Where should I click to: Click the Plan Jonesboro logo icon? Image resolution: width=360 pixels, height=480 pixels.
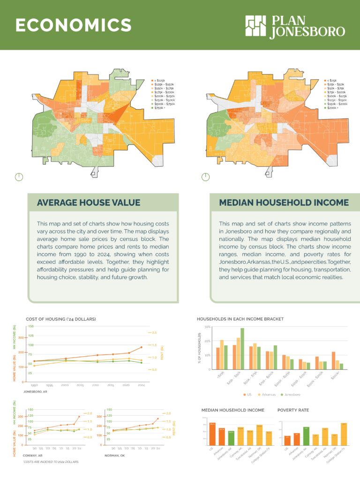tap(255, 26)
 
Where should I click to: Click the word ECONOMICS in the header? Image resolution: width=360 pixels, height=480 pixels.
tap(73, 25)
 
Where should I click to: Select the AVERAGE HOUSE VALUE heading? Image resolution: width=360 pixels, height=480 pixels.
tap(89, 202)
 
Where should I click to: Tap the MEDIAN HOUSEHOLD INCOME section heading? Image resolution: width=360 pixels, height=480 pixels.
tap(284, 202)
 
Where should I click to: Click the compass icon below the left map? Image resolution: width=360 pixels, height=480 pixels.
tap(18, 177)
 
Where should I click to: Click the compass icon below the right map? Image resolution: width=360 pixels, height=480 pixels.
tap(205, 177)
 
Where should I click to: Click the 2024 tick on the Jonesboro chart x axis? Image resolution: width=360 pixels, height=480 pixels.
tap(141, 385)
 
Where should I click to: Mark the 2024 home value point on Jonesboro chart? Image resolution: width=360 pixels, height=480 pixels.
tap(141, 347)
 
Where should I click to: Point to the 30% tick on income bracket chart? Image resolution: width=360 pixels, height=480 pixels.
tap(207, 327)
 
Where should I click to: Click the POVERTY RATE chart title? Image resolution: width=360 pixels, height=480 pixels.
tap(293, 410)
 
